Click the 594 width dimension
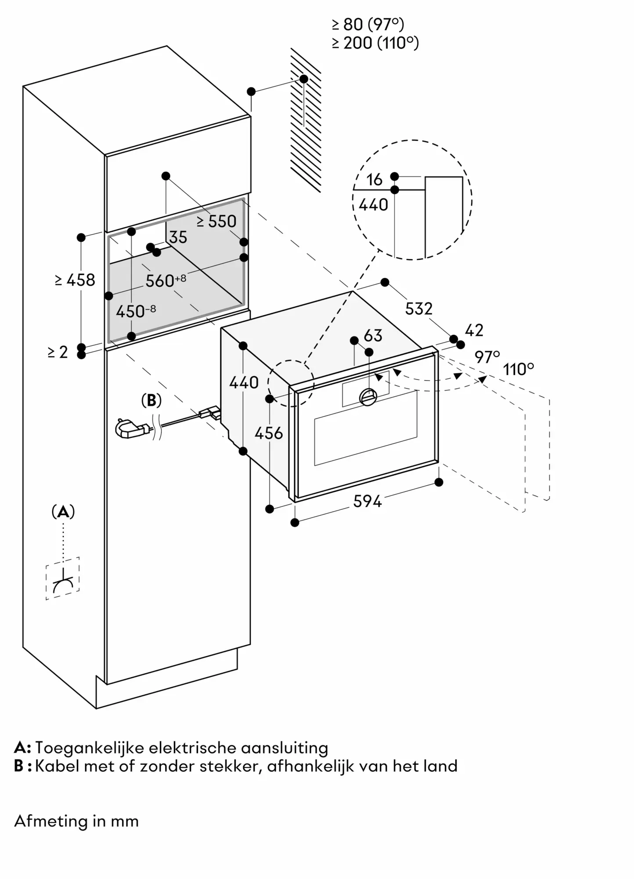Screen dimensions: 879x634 coord(367,501)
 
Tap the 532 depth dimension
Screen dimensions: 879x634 coord(418,309)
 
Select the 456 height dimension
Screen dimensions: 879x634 coord(269,433)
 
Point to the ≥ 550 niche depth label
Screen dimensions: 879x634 coord(217,222)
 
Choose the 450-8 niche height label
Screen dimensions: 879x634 coord(136,312)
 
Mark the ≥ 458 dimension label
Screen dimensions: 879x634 coord(75,280)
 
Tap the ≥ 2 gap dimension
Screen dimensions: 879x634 coord(58,352)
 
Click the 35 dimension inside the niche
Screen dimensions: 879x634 coord(178,237)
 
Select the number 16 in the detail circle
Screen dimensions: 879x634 coord(375,179)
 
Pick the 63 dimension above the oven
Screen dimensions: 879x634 coord(373,336)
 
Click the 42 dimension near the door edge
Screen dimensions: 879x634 coord(474,330)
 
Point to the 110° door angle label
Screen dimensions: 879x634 coord(519,369)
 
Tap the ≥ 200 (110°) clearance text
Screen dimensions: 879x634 coord(375,43)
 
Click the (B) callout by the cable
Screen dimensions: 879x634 coord(151,400)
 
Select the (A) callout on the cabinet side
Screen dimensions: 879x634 coord(63,512)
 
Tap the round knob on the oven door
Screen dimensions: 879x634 coord(368,397)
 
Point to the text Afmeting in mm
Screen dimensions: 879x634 coord(76,821)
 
